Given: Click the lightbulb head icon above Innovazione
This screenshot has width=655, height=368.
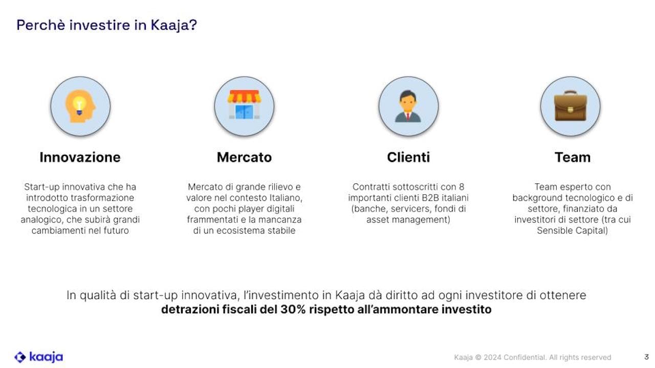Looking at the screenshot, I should (80, 106).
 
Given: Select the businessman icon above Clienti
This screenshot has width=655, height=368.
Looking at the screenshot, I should (408, 106).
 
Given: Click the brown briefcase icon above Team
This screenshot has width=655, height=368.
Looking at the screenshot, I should (570, 106).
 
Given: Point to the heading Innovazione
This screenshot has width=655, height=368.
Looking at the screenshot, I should (80, 157).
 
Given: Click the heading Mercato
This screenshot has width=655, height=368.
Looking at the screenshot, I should (244, 157).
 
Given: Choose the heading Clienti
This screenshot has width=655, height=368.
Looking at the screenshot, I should (408, 157).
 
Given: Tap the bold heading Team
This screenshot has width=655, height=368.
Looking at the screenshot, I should (572, 157).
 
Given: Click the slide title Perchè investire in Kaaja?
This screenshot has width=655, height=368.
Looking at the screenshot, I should (106, 25).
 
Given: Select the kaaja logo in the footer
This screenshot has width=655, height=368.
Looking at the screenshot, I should (38, 357).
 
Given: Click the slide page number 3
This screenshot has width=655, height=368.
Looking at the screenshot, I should (646, 357).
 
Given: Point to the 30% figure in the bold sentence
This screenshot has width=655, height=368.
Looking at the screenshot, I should (293, 310).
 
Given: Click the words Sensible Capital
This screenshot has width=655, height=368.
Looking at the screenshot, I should (572, 231).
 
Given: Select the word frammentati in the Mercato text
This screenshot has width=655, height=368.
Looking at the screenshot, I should (210, 220).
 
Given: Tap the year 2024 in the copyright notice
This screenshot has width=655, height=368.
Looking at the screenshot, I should (492, 357).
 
